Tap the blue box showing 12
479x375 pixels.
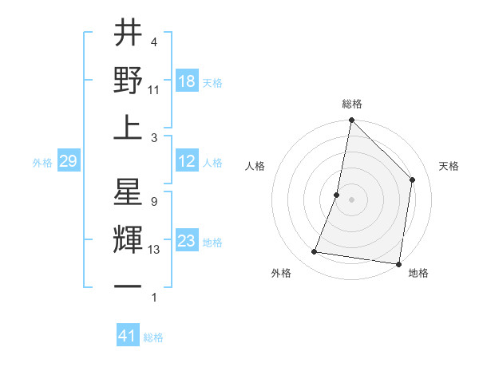tap(187, 162)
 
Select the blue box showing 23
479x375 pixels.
tap(187, 242)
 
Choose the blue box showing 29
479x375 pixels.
tap(69, 162)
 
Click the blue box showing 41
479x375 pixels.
tap(128, 336)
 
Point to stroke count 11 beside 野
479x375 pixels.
tap(154, 89)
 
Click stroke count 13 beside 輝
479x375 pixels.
tap(154, 250)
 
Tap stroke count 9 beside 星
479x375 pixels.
tap(153, 202)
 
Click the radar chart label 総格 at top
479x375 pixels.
tap(352, 104)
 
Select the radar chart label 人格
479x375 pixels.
tap(255, 167)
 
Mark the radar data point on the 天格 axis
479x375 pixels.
tap(413, 180)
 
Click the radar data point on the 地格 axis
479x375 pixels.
tap(398, 263)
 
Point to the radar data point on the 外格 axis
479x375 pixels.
tap(315, 252)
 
